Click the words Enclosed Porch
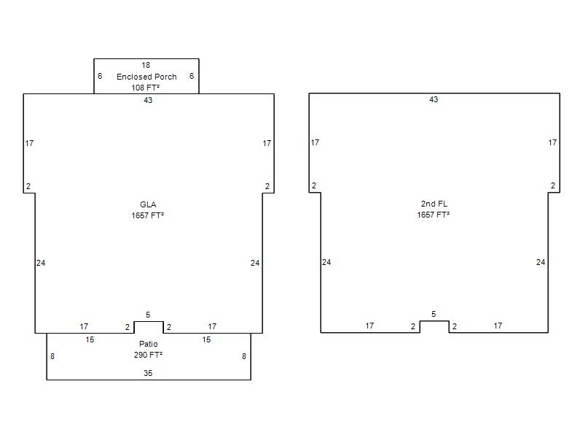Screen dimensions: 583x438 click(x=146, y=77)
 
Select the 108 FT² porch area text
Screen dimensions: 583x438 click(x=145, y=88)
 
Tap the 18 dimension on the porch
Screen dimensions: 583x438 click(x=146, y=65)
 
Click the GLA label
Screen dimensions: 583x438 click(x=148, y=204)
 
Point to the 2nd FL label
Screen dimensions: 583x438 click(x=434, y=204)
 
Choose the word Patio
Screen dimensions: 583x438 click(x=149, y=344)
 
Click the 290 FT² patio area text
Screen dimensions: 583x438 click(x=148, y=355)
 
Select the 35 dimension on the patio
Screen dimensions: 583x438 click(x=148, y=373)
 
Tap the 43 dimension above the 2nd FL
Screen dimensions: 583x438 click(x=434, y=99)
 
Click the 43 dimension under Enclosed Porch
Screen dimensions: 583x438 click(x=148, y=100)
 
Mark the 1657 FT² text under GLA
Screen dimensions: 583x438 click(x=148, y=215)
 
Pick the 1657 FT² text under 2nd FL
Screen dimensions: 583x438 click(x=433, y=215)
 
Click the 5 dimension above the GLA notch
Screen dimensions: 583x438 click(x=148, y=315)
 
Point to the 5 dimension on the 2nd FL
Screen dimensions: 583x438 click(x=434, y=315)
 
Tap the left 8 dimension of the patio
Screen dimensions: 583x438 click(x=52, y=356)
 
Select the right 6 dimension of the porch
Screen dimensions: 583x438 click(x=192, y=76)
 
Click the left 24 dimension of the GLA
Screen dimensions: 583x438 click(x=41, y=263)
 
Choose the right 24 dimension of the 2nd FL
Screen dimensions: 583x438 click(x=541, y=262)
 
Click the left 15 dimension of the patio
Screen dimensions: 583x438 click(x=90, y=339)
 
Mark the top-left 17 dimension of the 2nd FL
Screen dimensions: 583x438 click(x=315, y=142)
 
